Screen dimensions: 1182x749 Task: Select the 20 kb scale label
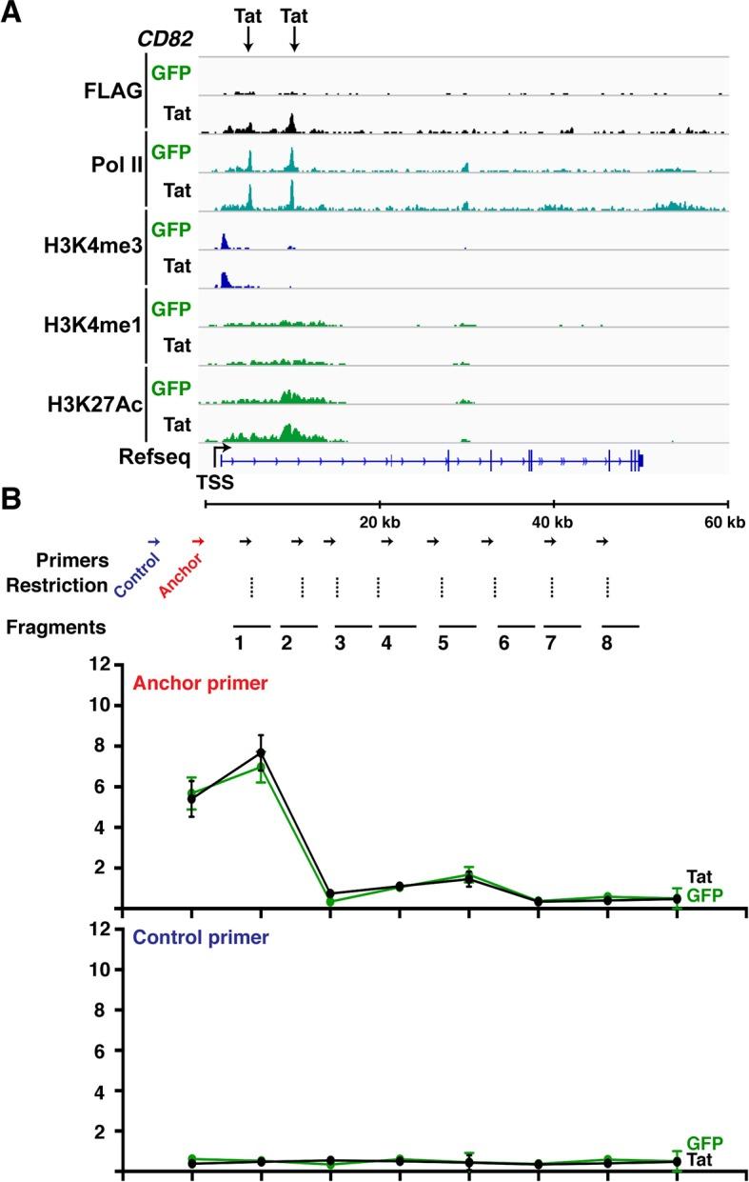379,522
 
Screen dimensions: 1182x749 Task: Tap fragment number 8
607,642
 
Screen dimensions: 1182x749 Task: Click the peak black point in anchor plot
261,753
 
